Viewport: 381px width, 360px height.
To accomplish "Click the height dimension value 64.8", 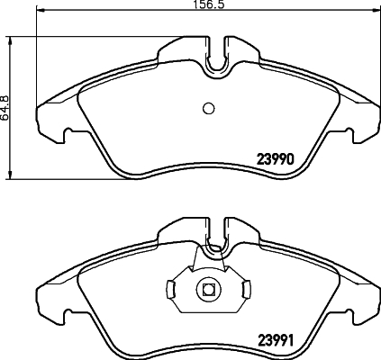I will (5, 107).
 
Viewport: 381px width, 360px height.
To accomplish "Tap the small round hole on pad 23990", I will (208, 108).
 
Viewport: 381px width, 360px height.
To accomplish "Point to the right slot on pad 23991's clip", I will (243, 290).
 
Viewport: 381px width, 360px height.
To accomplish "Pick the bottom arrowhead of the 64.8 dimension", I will (10, 174).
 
